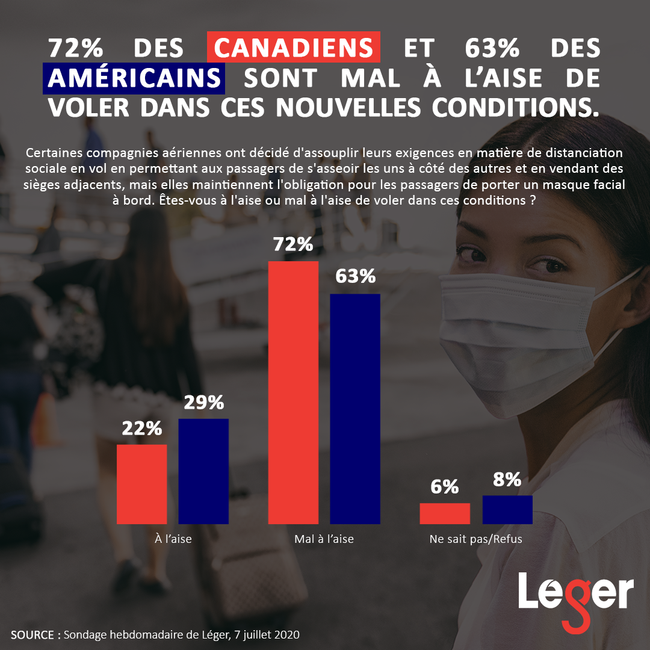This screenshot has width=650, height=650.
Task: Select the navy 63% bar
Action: [x=355, y=409]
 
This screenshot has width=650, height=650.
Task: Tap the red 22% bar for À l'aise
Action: [x=141, y=484]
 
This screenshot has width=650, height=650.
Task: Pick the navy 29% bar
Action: [x=203, y=471]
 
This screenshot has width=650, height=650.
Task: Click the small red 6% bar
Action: [x=445, y=513]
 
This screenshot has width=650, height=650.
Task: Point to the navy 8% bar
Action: [x=507, y=509]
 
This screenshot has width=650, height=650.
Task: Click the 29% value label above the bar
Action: [x=204, y=403]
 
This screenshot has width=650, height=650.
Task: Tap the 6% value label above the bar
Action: [x=445, y=487]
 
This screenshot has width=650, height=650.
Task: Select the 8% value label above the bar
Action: [x=507, y=479]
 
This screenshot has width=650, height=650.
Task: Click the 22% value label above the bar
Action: [x=142, y=429]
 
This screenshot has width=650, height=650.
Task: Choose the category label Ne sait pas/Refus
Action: [x=475, y=539]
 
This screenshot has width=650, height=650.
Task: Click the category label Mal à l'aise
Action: [x=324, y=539]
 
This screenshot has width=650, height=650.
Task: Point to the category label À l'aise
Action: [x=173, y=539]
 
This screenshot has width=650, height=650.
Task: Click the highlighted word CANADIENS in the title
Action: [x=293, y=48]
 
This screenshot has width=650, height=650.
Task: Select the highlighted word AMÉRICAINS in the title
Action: [x=134, y=78]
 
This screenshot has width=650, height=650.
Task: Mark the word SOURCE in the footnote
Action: [x=33, y=635]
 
